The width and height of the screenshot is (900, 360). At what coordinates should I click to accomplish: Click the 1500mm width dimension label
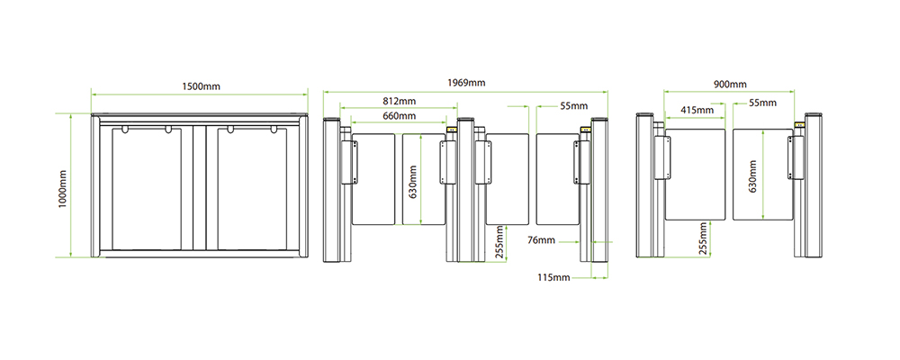click(x=201, y=86)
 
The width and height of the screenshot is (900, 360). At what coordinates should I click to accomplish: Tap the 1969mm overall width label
click(x=466, y=83)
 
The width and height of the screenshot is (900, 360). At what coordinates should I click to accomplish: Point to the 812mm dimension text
click(x=399, y=101)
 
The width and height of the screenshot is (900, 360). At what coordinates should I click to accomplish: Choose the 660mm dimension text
click(x=399, y=116)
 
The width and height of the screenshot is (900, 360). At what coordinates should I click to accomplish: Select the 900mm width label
click(x=730, y=84)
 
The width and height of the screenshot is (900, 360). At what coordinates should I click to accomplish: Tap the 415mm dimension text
click(x=697, y=110)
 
